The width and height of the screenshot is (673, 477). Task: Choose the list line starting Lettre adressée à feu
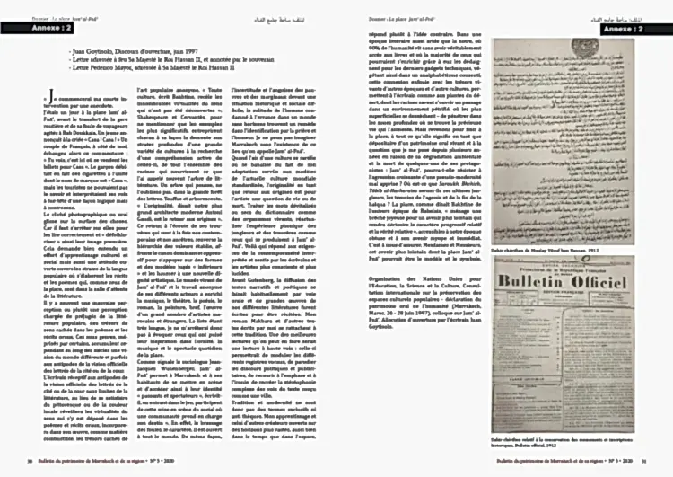162,60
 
